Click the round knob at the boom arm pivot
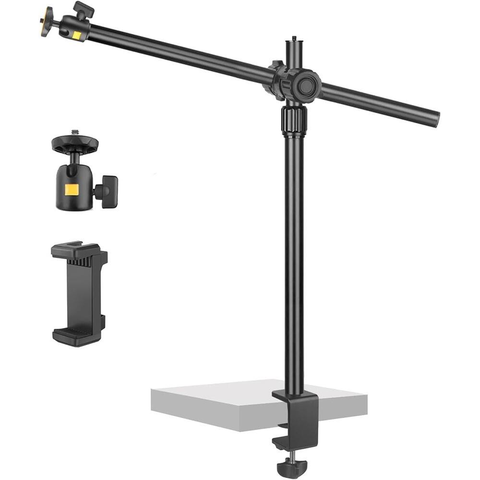[307, 85]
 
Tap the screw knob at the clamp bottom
[291, 465]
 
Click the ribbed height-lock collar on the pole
[294, 119]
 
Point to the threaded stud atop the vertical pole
[293, 39]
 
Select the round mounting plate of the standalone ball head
[75, 143]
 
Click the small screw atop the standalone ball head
[74, 132]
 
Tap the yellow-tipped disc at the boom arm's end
[46, 22]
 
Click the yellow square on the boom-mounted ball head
[77, 35]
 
